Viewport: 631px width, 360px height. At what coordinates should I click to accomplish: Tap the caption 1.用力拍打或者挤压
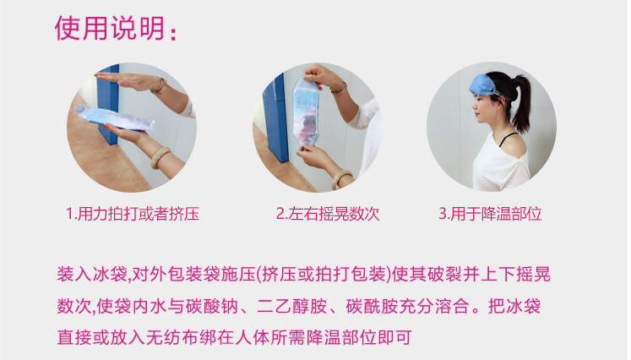click(133, 214)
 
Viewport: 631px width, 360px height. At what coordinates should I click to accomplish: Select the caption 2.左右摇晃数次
click(328, 214)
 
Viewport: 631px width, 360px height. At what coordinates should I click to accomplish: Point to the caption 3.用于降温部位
click(490, 214)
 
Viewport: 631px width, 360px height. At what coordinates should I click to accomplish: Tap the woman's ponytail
click(521, 103)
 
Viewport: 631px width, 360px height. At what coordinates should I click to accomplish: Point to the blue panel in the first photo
click(107, 105)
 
